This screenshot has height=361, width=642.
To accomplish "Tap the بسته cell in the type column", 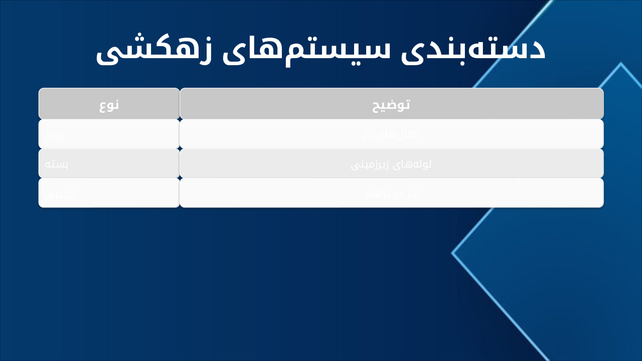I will point(56,164).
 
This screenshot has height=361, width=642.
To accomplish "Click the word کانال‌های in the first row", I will point(402,134).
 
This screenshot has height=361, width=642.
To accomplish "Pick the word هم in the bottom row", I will point(374,194).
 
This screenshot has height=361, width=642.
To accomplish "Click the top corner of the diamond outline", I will point(620,64).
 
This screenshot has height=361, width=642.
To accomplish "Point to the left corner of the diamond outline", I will point(452,253).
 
